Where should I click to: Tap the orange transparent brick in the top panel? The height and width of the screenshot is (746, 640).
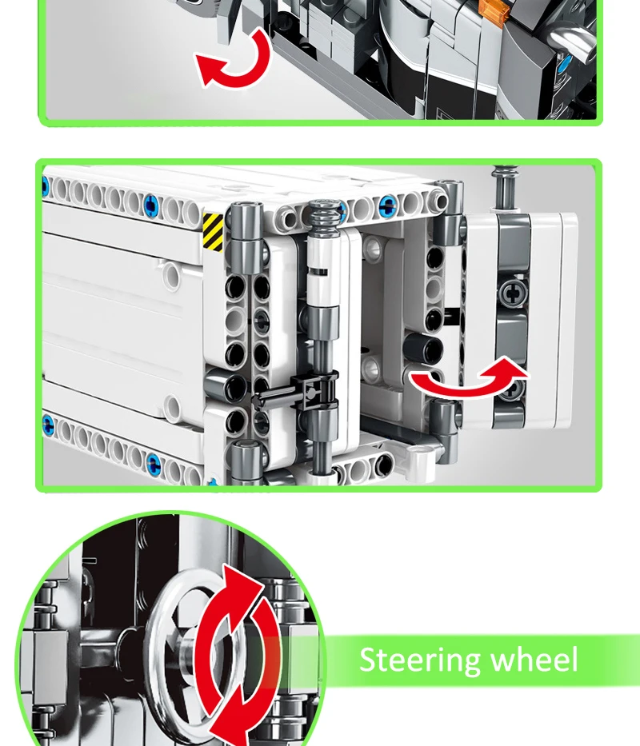tap(494, 10)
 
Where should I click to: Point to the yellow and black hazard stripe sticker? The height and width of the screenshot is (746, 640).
tap(213, 232)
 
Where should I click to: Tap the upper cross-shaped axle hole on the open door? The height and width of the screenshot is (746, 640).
tap(512, 293)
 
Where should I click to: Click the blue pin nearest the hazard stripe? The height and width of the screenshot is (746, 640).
tap(150, 206)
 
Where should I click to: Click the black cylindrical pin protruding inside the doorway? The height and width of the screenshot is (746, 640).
tap(424, 347)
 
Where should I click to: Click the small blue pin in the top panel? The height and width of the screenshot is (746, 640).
tap(564, 63)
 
